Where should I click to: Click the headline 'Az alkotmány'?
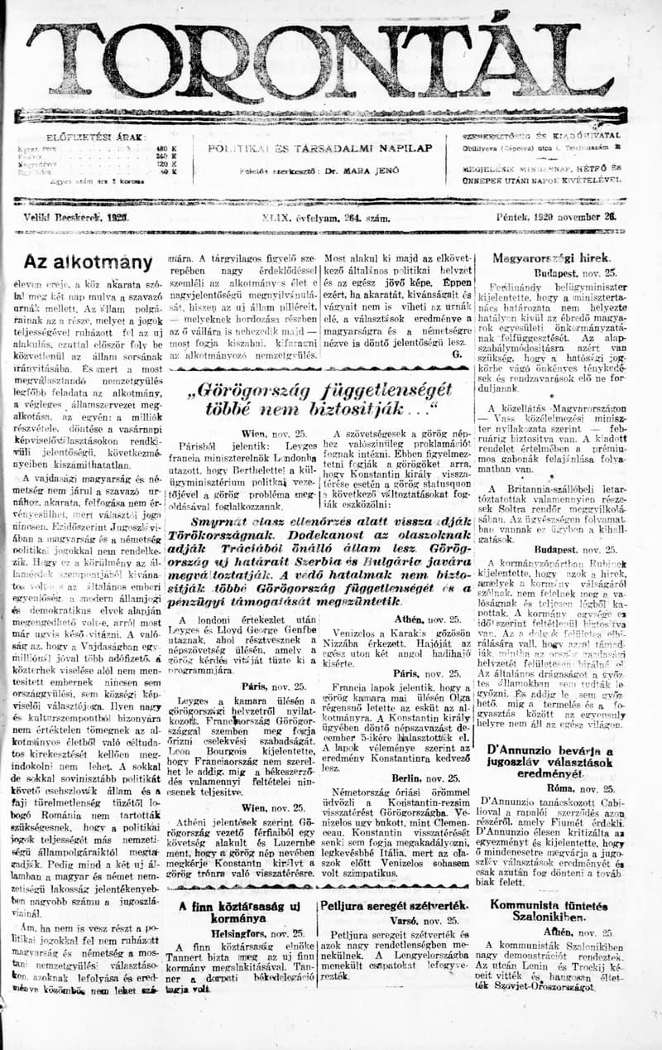[x=88, y=262]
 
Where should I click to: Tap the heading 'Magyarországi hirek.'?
[x=551, y=258]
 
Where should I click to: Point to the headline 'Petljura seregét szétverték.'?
[x=393, y=906]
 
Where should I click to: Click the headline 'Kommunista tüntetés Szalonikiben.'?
[x=548, y=912]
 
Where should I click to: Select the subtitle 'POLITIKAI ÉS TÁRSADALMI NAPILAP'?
[x=320, y=147]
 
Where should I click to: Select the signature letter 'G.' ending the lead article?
[x=457, y=353]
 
